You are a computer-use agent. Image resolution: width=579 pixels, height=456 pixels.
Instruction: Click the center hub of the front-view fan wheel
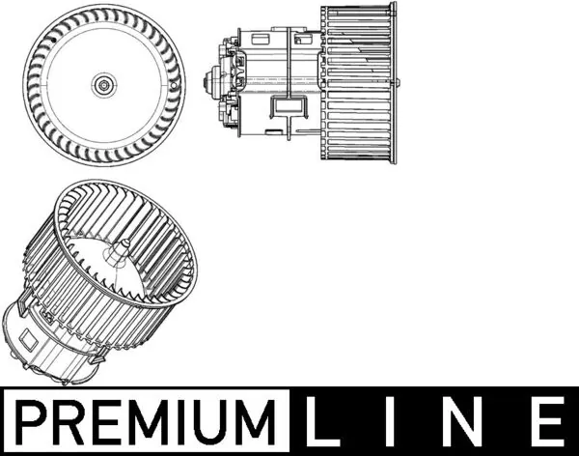[101, 85]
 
